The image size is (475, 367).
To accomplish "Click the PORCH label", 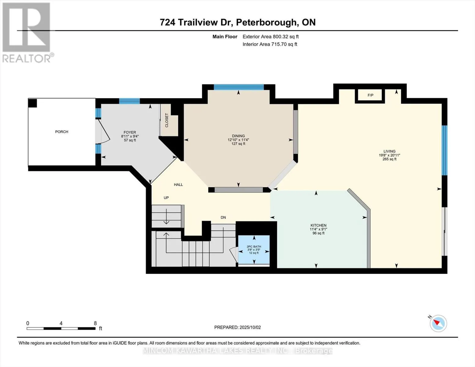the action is [62, 132].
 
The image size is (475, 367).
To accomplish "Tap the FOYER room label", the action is [130, 132].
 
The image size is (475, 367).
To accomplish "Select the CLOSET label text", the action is [167, 120].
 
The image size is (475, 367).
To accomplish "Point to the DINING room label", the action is [238, 136].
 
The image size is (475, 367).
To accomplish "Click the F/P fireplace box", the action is [370, 95].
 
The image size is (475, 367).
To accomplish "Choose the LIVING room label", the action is [389, 151].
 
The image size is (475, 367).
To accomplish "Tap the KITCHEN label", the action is [318, 225].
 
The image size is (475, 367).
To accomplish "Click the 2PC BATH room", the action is [254, 250].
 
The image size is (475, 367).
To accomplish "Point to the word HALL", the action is [178, 185].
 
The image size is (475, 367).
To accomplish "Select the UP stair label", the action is [166, 198].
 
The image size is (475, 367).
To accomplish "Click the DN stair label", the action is [223, 217].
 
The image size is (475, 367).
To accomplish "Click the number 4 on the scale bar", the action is [61, 323].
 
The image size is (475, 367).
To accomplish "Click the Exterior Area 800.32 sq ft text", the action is [271, 37].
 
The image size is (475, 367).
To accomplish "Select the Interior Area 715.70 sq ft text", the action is [270, 44].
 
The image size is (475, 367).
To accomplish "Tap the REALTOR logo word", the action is [27, 58].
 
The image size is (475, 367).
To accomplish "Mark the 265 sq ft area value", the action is [389, 159].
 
